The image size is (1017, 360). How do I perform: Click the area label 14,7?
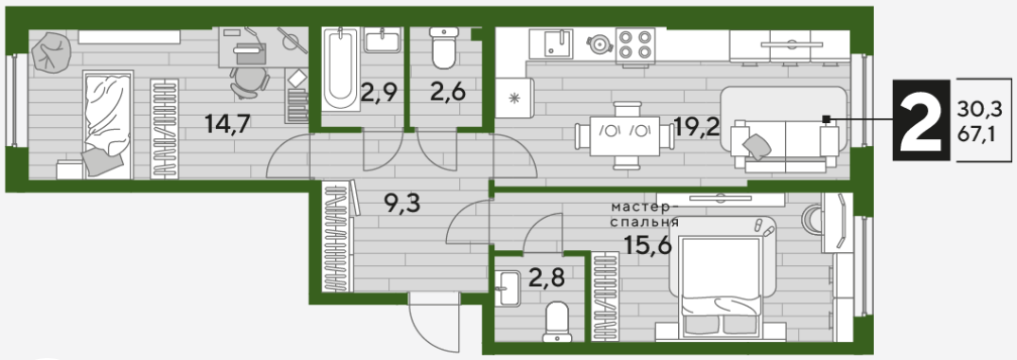click(x=227, y=123)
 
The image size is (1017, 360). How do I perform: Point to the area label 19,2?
click(x=697, y=125)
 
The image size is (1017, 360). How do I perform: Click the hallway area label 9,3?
click(x=402, y=205)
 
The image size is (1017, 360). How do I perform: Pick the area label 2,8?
click(x=546, y=278)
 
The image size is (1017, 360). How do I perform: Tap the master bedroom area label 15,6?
click(x=647, y=245)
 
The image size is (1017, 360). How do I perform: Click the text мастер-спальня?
click(x=644, y=215)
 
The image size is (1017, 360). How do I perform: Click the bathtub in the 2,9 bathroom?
click(x=341, y=68)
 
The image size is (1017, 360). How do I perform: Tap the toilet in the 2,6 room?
click(x=444, y=47)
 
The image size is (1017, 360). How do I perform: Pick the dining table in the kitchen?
click(x=625, y=135)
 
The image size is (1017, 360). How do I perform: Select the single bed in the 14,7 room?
click(x=108, y=124)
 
